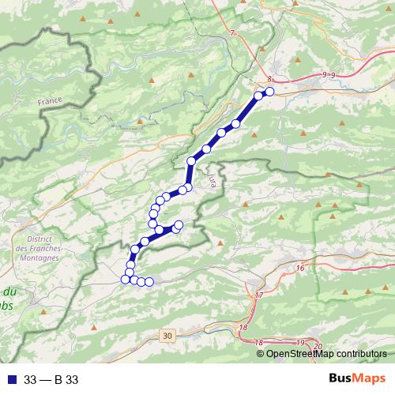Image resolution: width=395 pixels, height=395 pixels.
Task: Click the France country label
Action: pos(49,103)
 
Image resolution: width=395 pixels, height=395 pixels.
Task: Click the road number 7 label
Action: pos(234,32)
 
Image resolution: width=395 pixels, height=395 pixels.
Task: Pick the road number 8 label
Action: pos(270,79)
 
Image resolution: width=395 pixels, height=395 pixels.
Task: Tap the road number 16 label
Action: pos(299,269)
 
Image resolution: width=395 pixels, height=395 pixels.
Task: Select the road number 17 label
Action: pos(259,295)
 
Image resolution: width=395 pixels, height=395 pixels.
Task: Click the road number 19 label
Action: pos(299,341)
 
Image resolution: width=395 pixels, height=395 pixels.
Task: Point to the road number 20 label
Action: pos(318,347)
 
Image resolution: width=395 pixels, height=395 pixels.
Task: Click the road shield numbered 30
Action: pos(165,336)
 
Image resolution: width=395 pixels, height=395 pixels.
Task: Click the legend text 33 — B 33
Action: pos(51,379)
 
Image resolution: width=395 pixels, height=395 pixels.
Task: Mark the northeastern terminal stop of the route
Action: pos(269,92)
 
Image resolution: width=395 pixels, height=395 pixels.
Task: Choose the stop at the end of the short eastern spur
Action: pos(179,225)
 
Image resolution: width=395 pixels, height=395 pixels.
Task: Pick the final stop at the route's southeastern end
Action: pos(149,282)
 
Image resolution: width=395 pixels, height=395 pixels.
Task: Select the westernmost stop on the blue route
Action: pos(125,279)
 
